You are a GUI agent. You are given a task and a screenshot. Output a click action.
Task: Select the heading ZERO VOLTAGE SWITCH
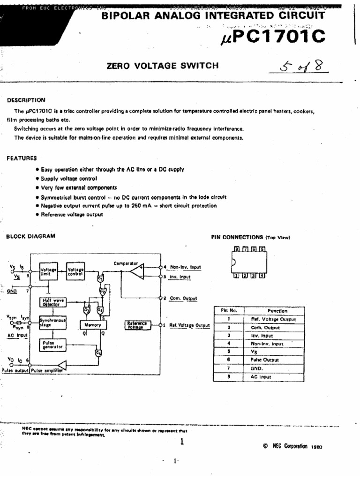pos(163,66)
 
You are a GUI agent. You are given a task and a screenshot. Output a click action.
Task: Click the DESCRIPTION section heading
pos(26,100)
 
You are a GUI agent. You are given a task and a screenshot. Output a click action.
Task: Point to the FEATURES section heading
pos(22,158)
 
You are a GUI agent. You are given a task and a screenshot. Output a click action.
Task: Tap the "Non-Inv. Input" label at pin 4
pos(185,267)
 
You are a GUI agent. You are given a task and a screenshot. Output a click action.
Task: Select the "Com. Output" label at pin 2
pos(183,298)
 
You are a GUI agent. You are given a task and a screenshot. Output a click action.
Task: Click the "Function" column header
pos(277,311)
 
